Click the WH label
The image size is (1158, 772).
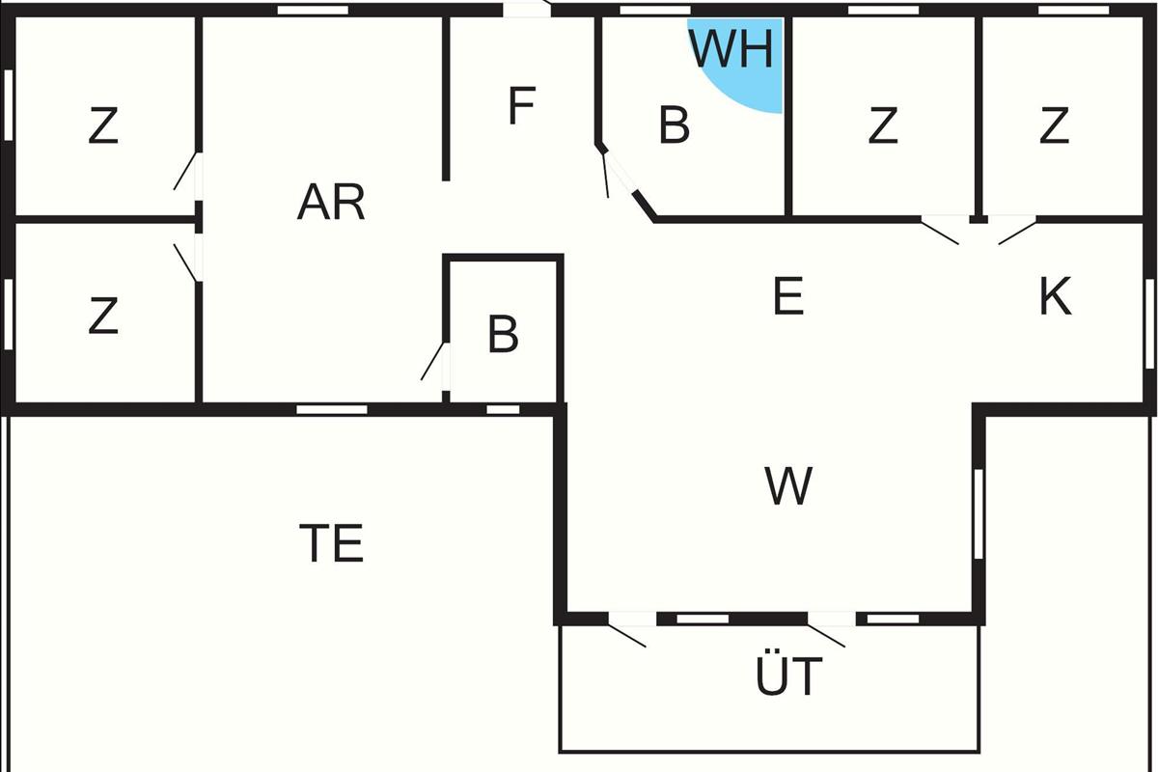pos(731,49)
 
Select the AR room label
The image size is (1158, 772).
pos(331,203)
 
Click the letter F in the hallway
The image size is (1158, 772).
pos(521,105)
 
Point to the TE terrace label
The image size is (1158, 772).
pos(331,542)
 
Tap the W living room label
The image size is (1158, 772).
pos(788,485)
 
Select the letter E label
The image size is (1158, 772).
pos(788,295)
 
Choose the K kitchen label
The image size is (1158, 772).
pos(1055,295)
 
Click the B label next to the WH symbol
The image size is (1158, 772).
pos(675,124)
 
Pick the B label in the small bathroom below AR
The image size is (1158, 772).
pos(503,335)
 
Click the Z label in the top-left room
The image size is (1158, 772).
pos(103,125)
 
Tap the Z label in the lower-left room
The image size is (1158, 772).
pos(103,315)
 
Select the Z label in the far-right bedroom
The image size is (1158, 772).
pos(1054,125)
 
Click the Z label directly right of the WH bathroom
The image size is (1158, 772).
pos(882,125)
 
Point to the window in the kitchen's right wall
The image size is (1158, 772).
pos(1149,324)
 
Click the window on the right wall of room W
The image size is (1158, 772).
pos(979,513)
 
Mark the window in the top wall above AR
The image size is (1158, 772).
pos(313,11)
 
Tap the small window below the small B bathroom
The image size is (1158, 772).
pos(503,409)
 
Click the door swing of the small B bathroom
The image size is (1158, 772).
pos(432,361)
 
